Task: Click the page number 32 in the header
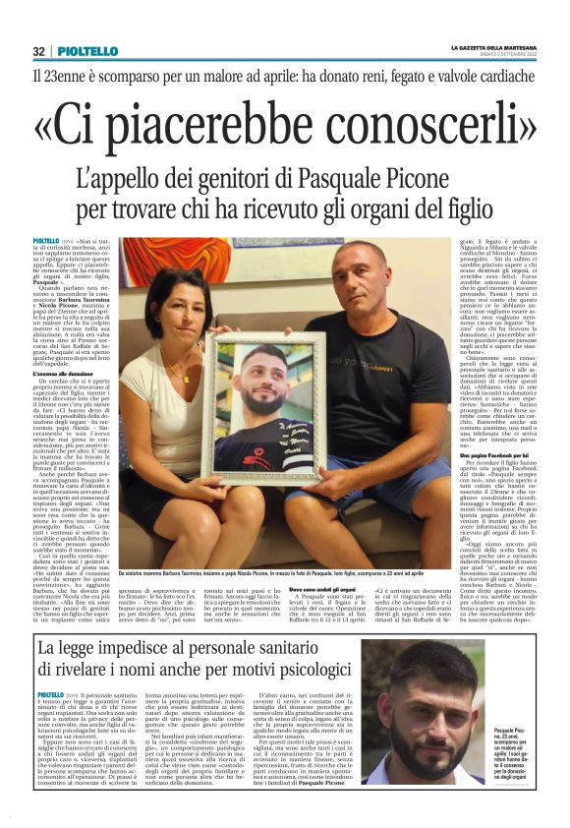coord(38,51)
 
